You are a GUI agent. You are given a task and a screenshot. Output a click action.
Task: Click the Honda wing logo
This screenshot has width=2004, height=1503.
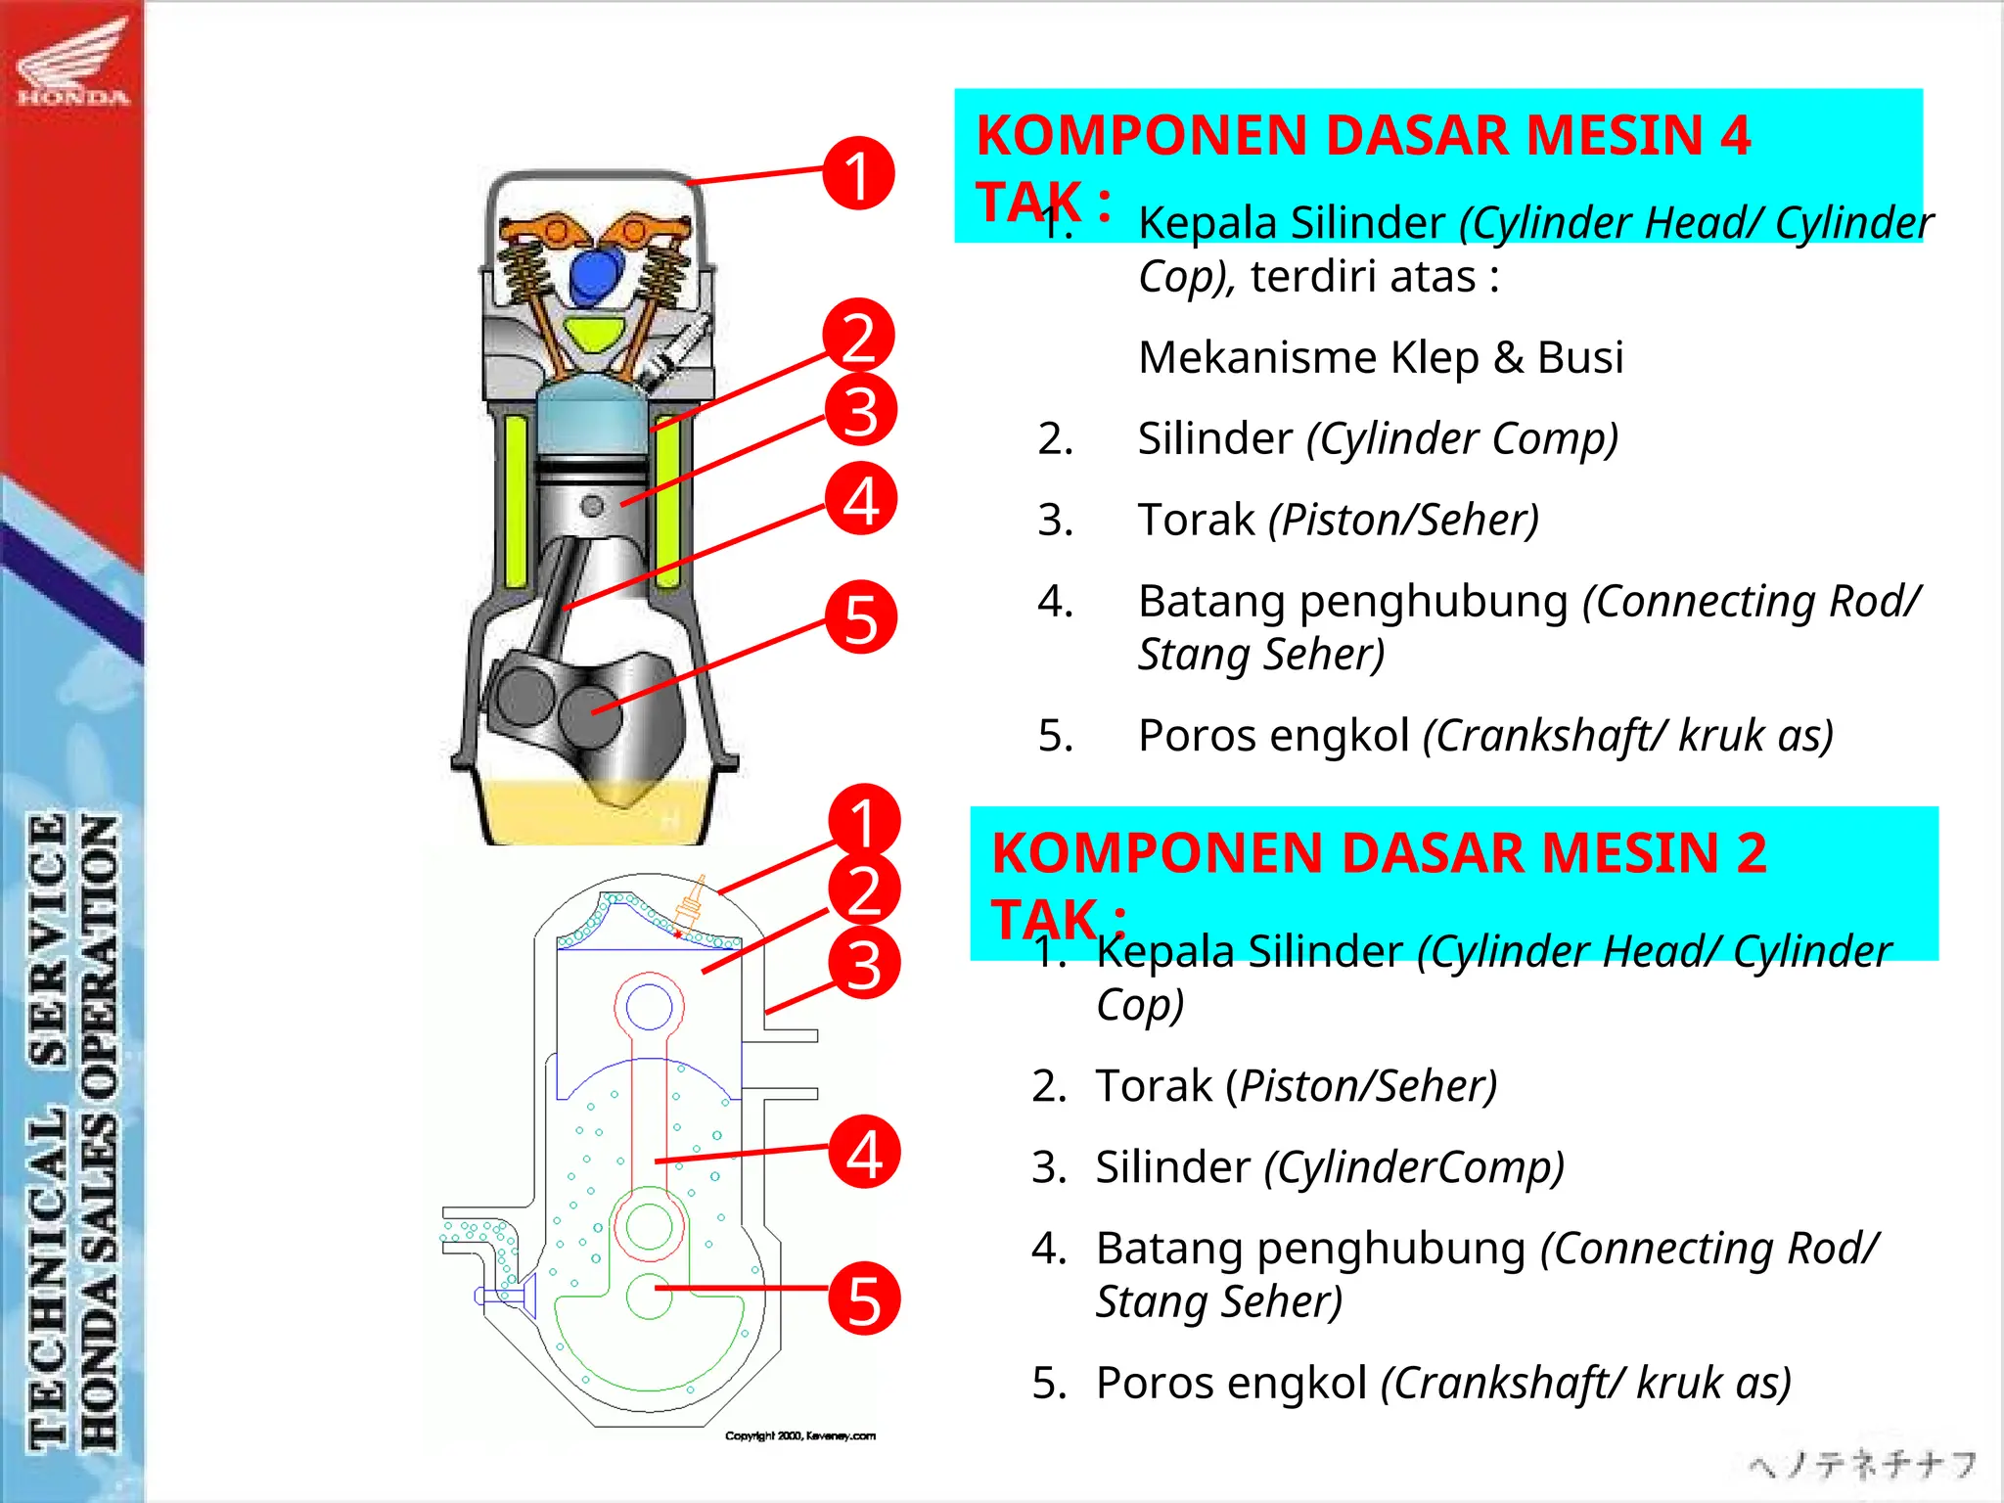pyautogui.click(x=72, y=61)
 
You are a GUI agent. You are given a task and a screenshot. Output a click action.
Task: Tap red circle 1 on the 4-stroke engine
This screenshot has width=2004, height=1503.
pyautogui.click(x=858, y=173)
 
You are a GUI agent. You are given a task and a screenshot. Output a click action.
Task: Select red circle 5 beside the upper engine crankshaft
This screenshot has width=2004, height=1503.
pyautogui.click(x=860, y=617)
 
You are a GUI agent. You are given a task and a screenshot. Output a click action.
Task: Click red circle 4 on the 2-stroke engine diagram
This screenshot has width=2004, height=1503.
pyautogui.click(x=864, y=1152)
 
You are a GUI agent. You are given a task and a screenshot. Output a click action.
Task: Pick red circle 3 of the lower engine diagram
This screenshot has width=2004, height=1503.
pyautogui.click(x=864, y=963)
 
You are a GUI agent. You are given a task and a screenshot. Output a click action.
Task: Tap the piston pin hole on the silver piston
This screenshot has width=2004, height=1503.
pyautogui.click(x=592, y=506)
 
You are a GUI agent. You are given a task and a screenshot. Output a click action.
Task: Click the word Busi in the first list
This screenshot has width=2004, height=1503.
pyautogui.click(x=1579, y=357)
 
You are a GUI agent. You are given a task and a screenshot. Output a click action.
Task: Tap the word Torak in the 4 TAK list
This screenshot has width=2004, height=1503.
pyautogui.click(x=1196, y=520)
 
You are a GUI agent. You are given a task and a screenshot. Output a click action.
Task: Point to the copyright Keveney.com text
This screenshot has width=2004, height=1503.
pyautogui.click(x=799, y=1435)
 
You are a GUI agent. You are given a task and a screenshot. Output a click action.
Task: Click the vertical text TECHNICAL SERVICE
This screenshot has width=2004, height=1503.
pyautogui.click(x=47, y=1125)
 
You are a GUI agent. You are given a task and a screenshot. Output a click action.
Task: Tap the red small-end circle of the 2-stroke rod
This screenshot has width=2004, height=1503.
pyautogui.click(x=649, y=1006)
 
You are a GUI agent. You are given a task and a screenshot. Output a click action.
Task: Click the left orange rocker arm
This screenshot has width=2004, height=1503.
pyautogui.click(x=548, y=231)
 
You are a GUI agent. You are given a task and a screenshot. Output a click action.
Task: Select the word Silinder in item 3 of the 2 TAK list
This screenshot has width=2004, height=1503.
pyautogui.click(x=1172, y=1167)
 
